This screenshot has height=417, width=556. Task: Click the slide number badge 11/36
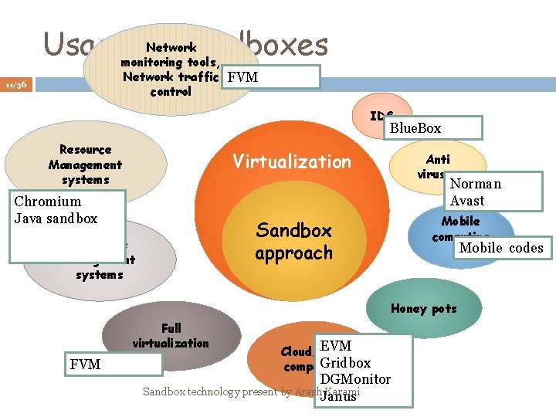pos(17,84)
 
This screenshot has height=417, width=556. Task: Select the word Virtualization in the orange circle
pos(292,161)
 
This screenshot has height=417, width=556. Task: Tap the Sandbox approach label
pos(294,242)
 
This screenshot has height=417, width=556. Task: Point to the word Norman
pos(476,184)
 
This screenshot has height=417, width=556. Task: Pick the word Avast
pos(468,201)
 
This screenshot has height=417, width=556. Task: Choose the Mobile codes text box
pos(501,248)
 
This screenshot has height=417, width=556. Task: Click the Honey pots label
pos(423,309)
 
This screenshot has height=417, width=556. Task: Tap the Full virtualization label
pos(171,336)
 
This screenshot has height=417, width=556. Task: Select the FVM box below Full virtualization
pos(113,364)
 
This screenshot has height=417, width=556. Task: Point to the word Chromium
pos(48,202)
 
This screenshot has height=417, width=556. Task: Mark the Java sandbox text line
pos(56,218)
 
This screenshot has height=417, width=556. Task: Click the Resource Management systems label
pos(85,164)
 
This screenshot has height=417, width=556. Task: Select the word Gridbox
pos(345,363)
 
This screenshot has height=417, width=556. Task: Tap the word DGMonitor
pos(355,379)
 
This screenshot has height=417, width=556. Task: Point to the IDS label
pos(381,116)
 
